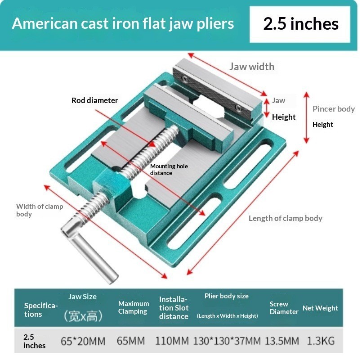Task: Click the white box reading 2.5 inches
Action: pos(300,24)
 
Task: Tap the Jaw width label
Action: pos(252,67)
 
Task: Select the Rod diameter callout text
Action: pos(94,100)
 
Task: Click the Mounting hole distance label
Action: pos(169,169)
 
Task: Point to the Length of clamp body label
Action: pos(286,218)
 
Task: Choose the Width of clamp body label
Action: pos(40,210)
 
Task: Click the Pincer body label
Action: pos(334,109)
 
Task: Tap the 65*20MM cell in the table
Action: pos(83,341)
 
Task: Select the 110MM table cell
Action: pos(172,341)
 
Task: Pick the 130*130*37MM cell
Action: pos(227,341)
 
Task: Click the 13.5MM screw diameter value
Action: pos(282,341)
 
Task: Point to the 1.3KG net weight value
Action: pos(321,341)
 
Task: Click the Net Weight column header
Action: pos(320,308)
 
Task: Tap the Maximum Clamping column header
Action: pos(134,307)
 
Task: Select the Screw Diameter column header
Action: pos(284,308)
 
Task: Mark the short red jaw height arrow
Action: pos(267,108)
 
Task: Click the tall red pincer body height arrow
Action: pos(306,117)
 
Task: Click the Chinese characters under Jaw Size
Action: pos(83,316)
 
